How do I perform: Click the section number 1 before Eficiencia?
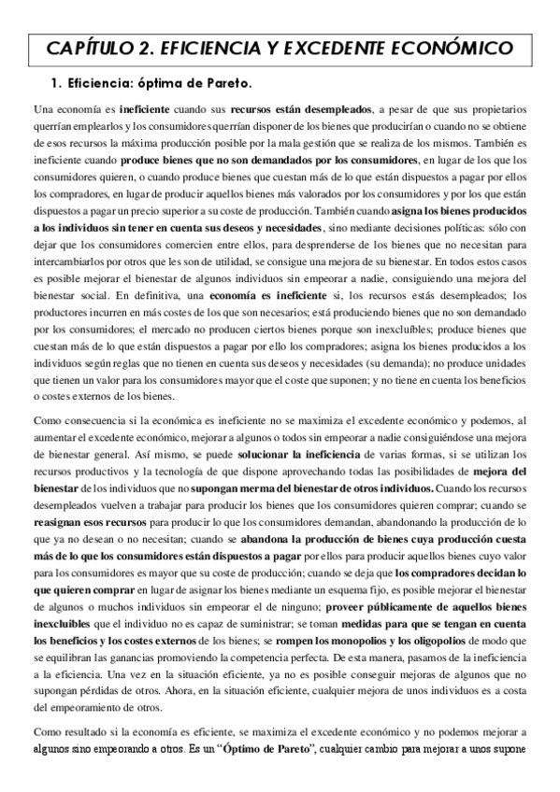coord(55,82)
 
